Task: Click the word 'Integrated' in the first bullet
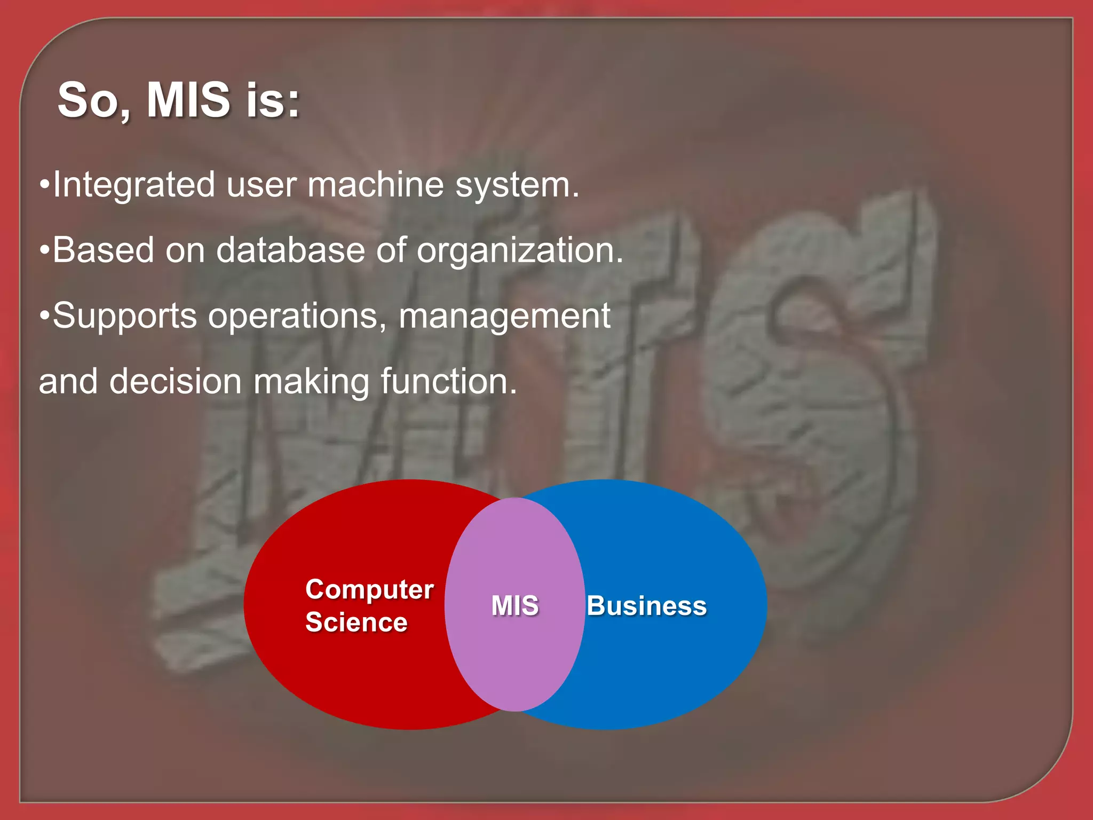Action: tap(133, 185)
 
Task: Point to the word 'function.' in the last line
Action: tap(449, 382)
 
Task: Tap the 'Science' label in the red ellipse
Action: tap(356, 622)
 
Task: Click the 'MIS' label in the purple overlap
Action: tap(515, 606)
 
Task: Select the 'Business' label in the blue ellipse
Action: tap(646, 606)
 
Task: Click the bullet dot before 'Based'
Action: tap(45, 250)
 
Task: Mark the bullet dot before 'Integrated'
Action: tap(45, 185)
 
